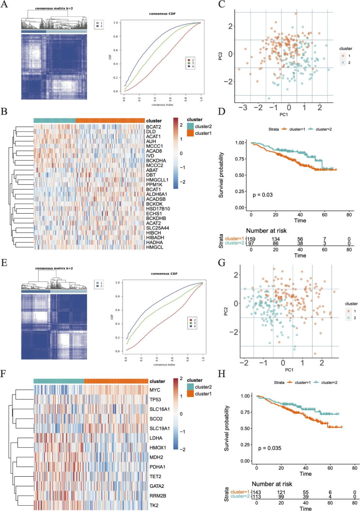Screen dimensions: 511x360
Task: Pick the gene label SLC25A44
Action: click(158, 227)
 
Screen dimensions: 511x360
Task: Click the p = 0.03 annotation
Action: click(262, 194)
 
